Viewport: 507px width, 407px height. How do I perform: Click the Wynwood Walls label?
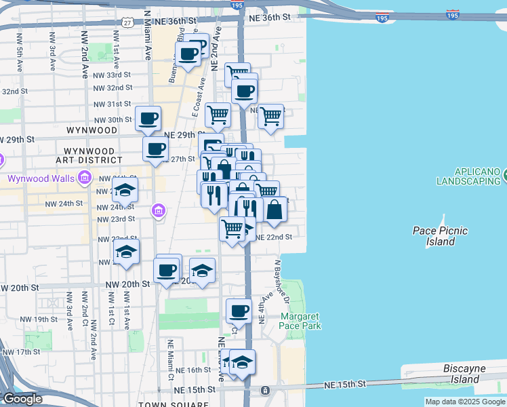pos(41,179)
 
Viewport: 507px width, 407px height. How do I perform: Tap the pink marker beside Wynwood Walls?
pos(85,178)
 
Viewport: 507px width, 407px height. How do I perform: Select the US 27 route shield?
pos(127,22)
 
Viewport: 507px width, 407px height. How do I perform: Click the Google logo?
pos(22,399)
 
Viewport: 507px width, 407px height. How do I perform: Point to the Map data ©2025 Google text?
pos(464,402)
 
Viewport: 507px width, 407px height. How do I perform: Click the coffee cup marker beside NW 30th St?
pos(148,119)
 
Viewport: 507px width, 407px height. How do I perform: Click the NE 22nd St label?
pos(275,237)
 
